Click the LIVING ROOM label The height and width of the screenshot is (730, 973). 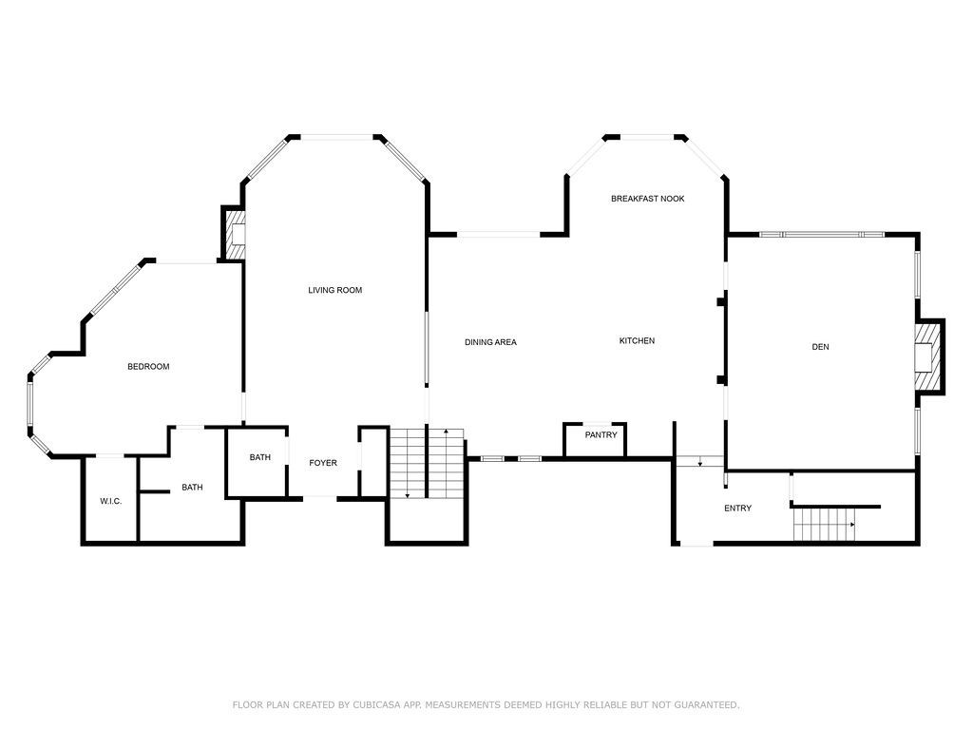click(x=334, y=290)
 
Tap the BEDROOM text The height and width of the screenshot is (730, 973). click(x=148, y=367)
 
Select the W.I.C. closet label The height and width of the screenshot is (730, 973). click(x=110, y=501)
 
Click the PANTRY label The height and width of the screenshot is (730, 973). click(x=601, y=435)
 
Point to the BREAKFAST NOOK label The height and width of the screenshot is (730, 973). click(x=647, y=199)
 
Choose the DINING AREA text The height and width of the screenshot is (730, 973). click(x=490, y=342)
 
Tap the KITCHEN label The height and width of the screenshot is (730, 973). click(x=637, y=341)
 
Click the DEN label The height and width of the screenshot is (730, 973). click(x=820, y=347)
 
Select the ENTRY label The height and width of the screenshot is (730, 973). click(x=737, y=509)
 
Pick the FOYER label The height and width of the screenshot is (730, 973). click(x=323, y=463)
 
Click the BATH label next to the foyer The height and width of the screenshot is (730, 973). click(x=259, y=457)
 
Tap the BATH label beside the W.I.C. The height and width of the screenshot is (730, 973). click(x=192, y=488)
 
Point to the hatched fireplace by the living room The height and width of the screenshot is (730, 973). click(x=233, y=234)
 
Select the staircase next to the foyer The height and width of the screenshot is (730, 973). click(x=426, y=463)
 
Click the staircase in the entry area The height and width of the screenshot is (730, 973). click(x=825, y=524)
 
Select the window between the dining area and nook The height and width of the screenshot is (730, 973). click(x=499, y=234)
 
